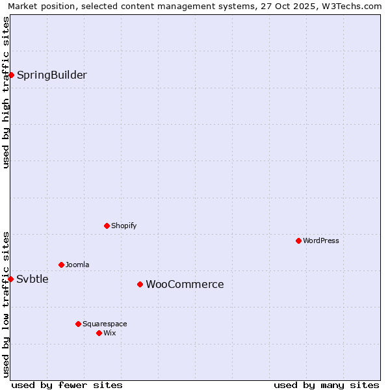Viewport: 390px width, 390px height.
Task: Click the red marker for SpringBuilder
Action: coord(11,75)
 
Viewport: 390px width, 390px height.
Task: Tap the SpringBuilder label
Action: coord(51,75)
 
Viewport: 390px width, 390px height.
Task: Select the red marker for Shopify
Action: coord(107,226)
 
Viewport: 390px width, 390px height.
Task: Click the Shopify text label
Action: coord(123,226)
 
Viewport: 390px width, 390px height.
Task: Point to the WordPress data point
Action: coord(298,240)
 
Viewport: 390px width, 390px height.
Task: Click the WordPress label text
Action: coord(320,240)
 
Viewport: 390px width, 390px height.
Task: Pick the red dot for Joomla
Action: coord(61,265)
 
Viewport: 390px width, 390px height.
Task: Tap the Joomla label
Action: coord(77,265)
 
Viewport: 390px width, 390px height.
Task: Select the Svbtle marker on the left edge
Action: coord(11,279)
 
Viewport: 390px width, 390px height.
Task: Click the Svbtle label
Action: coord(32,279)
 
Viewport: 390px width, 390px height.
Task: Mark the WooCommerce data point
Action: coord(140,284)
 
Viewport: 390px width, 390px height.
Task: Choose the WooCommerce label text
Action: coord(185,284)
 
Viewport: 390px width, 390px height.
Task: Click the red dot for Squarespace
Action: coord(78,324)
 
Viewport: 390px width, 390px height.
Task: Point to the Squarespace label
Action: coord(105,324)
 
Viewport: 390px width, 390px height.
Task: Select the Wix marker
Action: coord(99,333)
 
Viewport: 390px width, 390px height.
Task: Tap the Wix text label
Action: coord(109,333)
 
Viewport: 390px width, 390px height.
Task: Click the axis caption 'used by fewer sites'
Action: coord(67,385)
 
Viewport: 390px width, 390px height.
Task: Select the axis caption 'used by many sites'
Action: coord(326,385)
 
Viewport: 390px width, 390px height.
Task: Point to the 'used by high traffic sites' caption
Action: coord(6,92)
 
